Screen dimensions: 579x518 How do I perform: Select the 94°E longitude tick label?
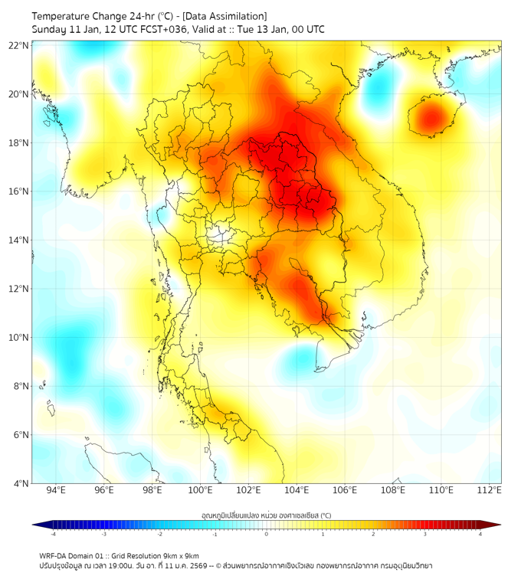pos(55,490)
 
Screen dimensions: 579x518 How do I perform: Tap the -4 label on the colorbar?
pos(53,533)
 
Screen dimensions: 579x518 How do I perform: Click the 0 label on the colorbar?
pos(267,533)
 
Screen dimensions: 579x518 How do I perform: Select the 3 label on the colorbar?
pos(426,533)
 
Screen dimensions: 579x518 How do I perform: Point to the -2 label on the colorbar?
pos(159,533)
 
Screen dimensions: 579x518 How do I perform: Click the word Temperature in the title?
pos(63,16)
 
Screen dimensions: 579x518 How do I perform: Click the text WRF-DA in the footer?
pos(55,555)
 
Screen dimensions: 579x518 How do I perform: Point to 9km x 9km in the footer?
pos(182,555)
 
